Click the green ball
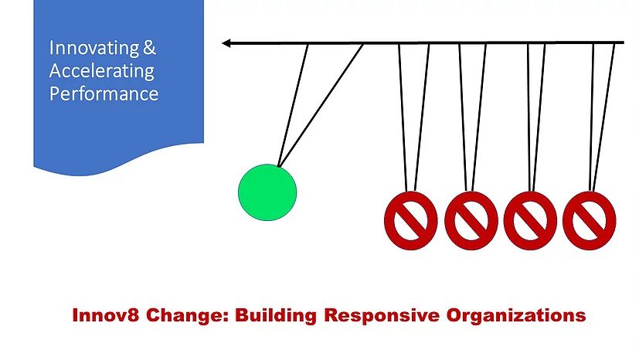tap(267, 192)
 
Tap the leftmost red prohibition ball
tap(411, 220)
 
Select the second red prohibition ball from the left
tap(471, 220)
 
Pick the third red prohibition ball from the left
tap(530, 220)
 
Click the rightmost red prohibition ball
tap(590, 220)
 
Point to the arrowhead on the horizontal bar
tap(226, 42)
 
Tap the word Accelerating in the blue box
tap(102, 71)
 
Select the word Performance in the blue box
tap(104, 93)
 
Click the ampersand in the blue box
tap(150, 48)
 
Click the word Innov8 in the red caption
tap(106, 315)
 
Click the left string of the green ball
tap(293, 106)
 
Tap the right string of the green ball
tap(321, 106)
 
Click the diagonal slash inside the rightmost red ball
tap(590, 220)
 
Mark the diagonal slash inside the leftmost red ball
tap(411, 220)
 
